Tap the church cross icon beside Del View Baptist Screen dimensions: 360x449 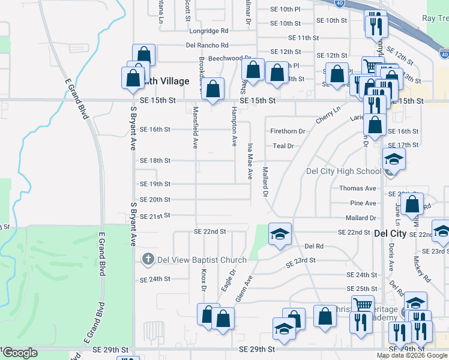[148, 259]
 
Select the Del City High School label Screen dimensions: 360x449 [343, 171]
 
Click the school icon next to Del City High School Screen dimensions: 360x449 [394, 160]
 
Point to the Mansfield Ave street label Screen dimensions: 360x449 [196, 127]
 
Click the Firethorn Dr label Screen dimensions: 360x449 [288, 131]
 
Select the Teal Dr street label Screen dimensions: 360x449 [283, 146]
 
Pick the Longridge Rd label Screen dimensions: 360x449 [209, 31]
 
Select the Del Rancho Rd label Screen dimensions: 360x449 [207, 45]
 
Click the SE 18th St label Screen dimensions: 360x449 [155, 161]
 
